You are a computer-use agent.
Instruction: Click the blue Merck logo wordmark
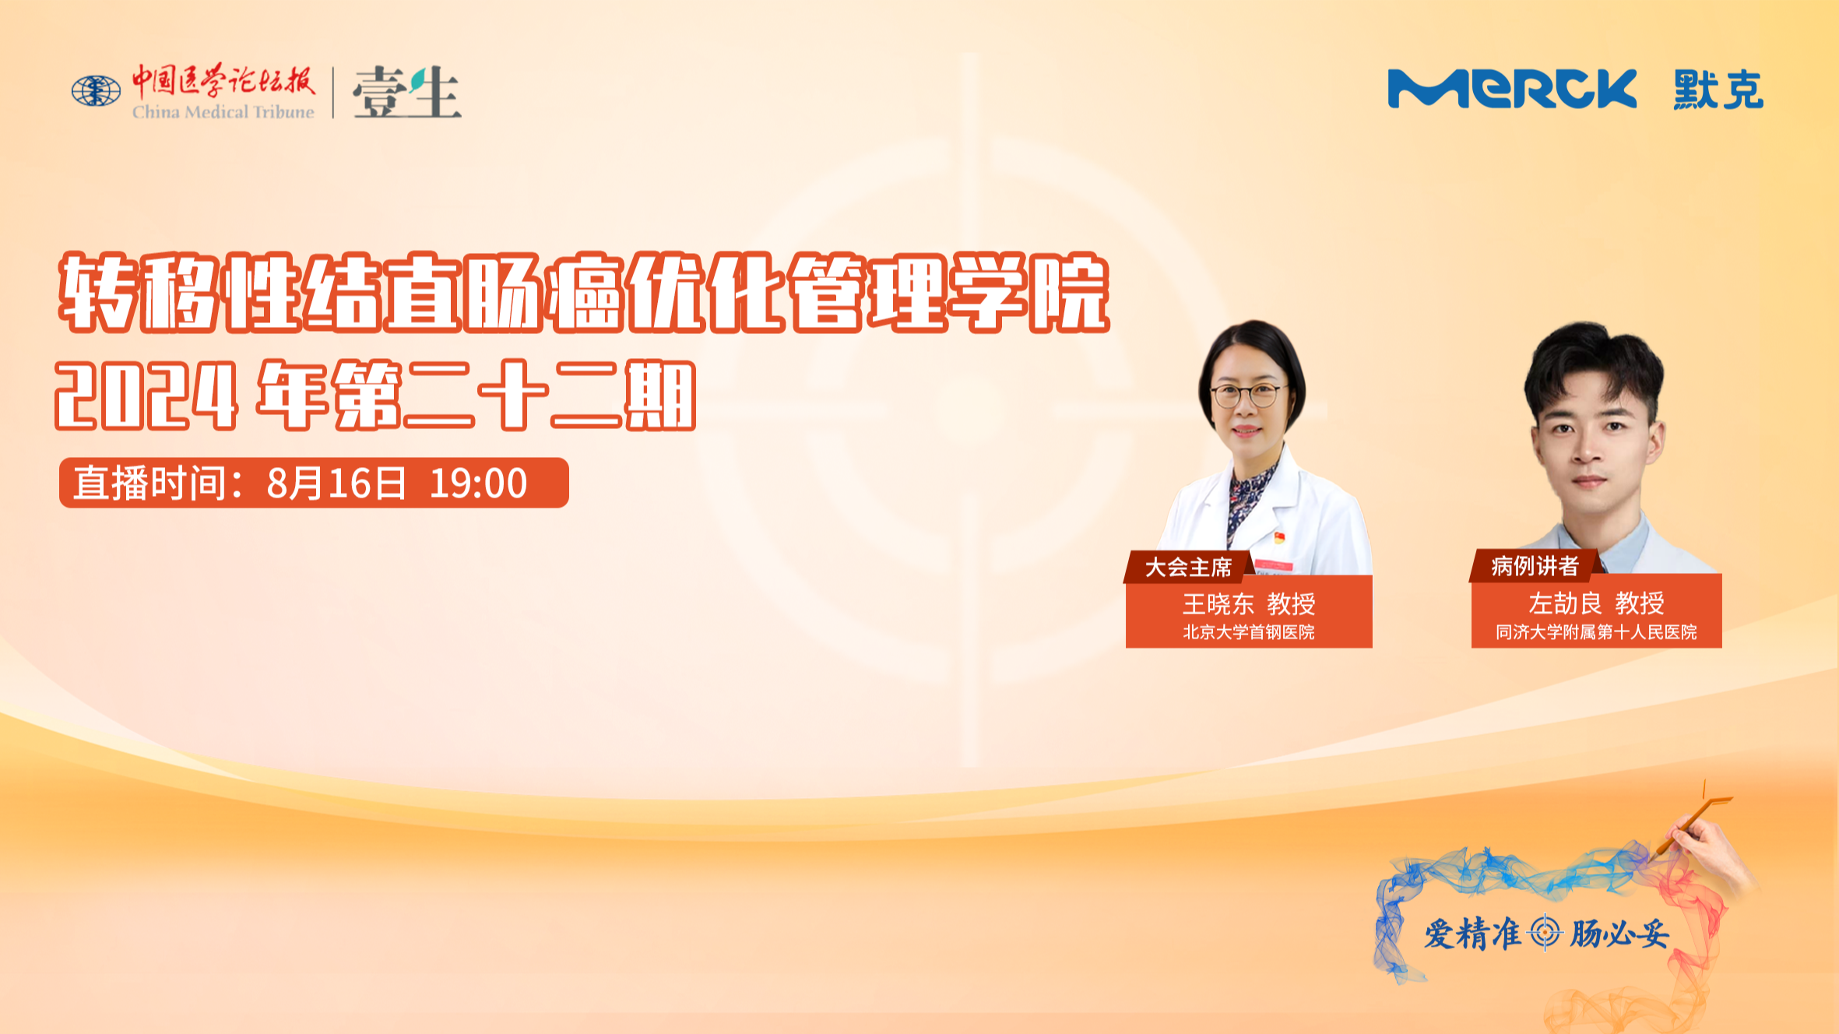click(1512, 89)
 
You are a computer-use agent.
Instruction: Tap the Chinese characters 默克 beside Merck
click(1718, 90)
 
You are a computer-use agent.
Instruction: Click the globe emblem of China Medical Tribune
click(96, 91)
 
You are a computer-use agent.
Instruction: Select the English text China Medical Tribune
click(223, 112)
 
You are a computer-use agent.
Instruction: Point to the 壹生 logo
click(406, 92)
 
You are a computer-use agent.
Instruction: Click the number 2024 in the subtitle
click(146, 396)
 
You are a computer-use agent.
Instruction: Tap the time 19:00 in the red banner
click(478, 484)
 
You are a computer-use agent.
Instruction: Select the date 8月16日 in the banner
click(336, 484)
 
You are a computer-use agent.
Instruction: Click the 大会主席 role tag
click(1188, 567)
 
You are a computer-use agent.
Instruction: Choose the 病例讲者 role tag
click(1535, 566)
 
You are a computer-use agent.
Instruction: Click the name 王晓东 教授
click(1249, 603)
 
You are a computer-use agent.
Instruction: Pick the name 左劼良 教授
click(1596, 603)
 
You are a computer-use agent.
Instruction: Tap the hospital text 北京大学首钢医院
click(1249, 632)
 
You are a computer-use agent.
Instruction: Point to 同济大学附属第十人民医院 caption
click(1596, 632)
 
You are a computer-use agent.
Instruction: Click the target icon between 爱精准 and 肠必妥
click(1545, 933)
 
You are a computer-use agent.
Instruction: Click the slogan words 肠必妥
click(1619, 934)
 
